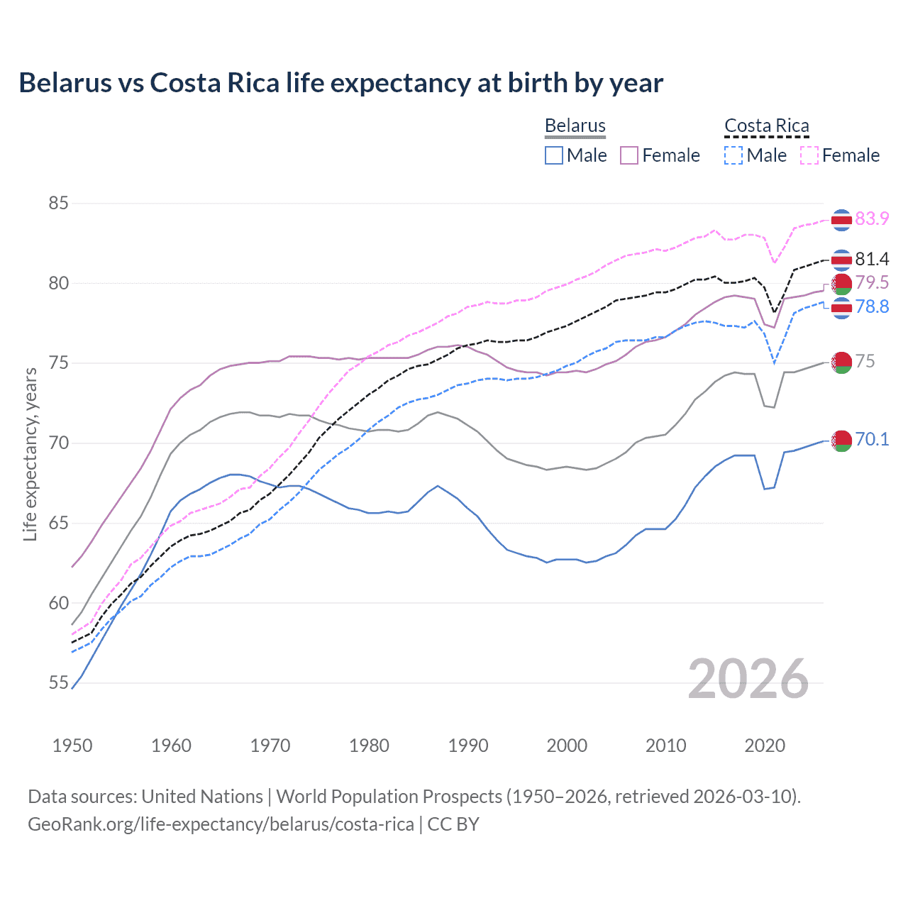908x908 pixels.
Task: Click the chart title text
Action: pyautogui.click(x=340, y=83)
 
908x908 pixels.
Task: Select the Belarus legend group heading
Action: pyautogui.click(x=575, y=126)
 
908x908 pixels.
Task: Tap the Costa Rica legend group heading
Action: pyautogui.click(x=766, y=126)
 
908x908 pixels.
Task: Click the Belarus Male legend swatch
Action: pyautogui.click(x=554, y=155)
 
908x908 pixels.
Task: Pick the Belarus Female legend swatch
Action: pyautogui.click(x=629, y=155)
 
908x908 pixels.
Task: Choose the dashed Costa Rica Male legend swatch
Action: pyautogui.click(x=733, y=155)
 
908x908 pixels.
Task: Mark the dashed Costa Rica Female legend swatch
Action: pyautogui.click(x=809, y=155)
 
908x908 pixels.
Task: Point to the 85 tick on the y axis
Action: pyautogui.click(x=58, y=204)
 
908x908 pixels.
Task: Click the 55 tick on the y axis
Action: pyautogui.click(x=58, y=683)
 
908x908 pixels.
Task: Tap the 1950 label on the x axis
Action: pyautogui.click(x=72, y=746)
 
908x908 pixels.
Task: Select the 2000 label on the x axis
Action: pyautogui.click(x=567, y=746)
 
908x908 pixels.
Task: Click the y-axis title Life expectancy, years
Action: pyautogui.click(x=30, y=454)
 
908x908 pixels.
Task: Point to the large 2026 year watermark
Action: pyautogui.click(x=748, y=679)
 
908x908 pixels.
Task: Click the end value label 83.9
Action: pyautogui.click(x=872, y=218)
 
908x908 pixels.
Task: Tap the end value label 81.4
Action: pyautogui.click(x=872, y=259)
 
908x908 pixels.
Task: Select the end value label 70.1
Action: pyautogui.click(x=872, y=439)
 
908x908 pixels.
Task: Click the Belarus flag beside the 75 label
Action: pyautogui.click(x=841, y=362)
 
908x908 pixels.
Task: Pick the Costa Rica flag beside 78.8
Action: pyautogui.click(x=841, y=308)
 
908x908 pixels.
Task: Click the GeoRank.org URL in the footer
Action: pyautogui.click(x=221, y=824)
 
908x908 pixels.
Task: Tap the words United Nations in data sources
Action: pyautogui.click(x=202, y=796)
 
